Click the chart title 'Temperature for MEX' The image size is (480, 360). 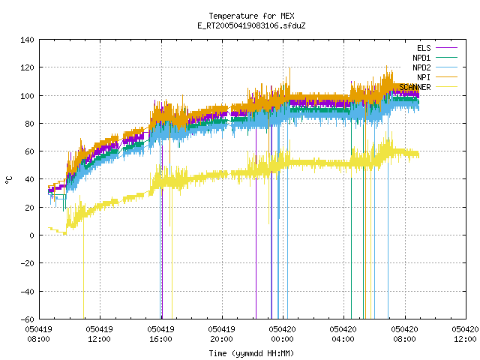(251, 16)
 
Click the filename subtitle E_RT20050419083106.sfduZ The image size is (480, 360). (251, 25)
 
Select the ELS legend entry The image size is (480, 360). (436, 48)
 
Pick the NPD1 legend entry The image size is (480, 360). (435, 58)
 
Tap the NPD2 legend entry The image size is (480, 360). (435, 67)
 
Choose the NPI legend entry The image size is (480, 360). (436, 77)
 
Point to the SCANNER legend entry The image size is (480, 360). (428, 87)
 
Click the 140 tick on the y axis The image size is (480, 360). (27, 40)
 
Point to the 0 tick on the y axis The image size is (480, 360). (31, 235)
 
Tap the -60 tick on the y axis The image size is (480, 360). (27, 319)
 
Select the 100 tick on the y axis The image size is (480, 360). (27, 96)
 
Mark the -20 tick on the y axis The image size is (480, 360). (27, 263)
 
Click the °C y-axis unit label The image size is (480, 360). (9, 180)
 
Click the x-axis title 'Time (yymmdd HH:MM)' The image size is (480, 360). (251, 353)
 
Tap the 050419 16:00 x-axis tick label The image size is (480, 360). (160, 334)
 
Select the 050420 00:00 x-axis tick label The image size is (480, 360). (282, 334)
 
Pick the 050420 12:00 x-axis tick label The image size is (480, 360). (465, 334)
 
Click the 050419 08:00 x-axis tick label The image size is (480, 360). (38, 334)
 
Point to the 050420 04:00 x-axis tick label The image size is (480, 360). (343, 334)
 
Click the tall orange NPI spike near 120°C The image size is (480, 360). (289, 80)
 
